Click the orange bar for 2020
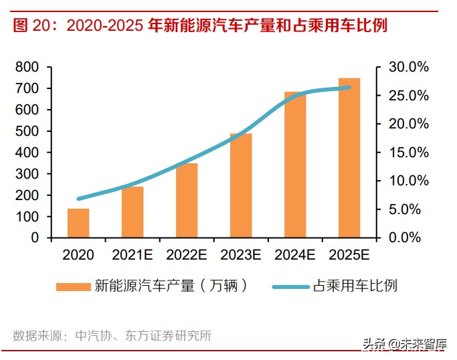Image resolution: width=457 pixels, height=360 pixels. pyautogui.click(x=78, y=223)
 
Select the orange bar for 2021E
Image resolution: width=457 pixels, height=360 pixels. pyautogui.click(x=132, y=212)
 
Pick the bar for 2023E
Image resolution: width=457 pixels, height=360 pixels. pyautogui.click(x=241, y=185)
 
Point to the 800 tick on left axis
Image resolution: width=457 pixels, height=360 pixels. pyautogui.click(x=27, y=67)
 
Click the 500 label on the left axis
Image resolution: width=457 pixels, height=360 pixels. pyautogui.click(x=27, y=131)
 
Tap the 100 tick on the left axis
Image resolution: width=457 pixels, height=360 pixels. pyautogui.click(x=27, y=217)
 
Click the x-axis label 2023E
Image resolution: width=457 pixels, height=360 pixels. pyautogui.click(x=241, y=255)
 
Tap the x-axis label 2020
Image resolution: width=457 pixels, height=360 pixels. pyautogui.click(x=78, y=255)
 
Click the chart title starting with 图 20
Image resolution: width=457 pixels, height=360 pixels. pyautogui.click(x=201, y=26)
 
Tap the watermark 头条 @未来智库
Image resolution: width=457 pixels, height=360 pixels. pyautogui.click(x=404, y=344)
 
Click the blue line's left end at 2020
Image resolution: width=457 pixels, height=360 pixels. pyautogui.click(x=79, y=199)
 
